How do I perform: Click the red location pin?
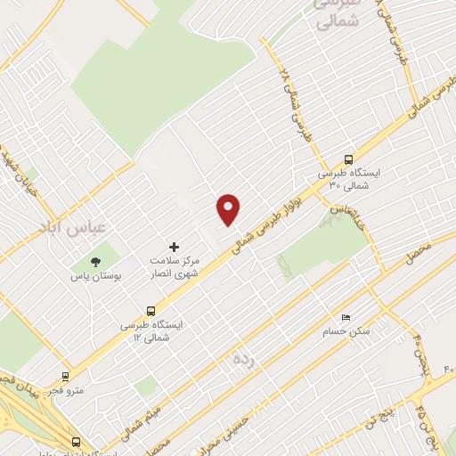coord(229,209)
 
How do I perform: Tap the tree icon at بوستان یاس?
coord(94,262)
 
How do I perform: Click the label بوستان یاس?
coord(95,277)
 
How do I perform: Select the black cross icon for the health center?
coord(174,247)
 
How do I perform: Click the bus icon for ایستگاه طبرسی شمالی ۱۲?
coord(151,312)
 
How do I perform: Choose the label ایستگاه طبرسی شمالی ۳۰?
coord(347,179)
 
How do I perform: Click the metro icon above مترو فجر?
coord(64,377)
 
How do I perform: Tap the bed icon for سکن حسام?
coord(346,317)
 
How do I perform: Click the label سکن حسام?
coord(346,331)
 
